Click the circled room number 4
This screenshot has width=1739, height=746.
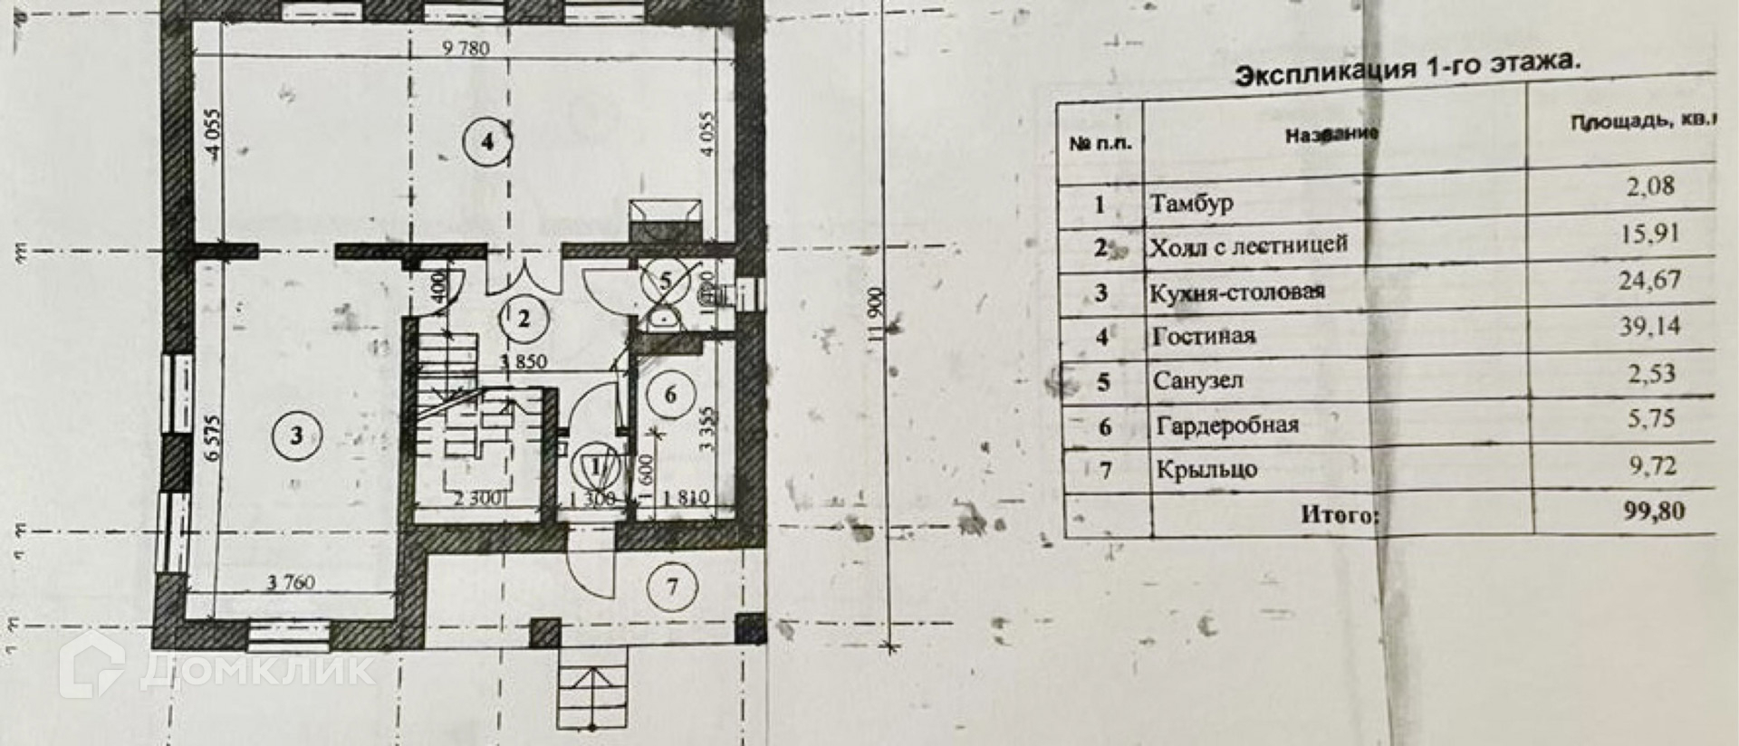tap(487, 141)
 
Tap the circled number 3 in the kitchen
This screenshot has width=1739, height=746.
tap(296, 436)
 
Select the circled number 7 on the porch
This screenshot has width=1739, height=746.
tap(672, 587)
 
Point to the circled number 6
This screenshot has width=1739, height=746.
tap(670, 395)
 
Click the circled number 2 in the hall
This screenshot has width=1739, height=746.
tap(524, 319)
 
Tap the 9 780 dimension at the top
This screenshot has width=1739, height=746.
tap(466, 48)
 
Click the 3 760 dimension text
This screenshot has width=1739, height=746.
tap(291, 583)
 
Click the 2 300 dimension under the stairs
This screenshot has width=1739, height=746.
tap(477, 498)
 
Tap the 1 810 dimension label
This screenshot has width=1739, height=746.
tap(686, 498)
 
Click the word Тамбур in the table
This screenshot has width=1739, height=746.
tap(1191, 203)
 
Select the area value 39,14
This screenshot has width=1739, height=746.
tap(1649, 326)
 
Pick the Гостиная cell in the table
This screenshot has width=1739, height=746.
tap(1203, 337)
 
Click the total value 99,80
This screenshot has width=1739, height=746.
tap(1654, 512)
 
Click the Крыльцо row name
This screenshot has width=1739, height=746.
tap(1206, 470)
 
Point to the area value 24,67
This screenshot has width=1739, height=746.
tap(1649, 280)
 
